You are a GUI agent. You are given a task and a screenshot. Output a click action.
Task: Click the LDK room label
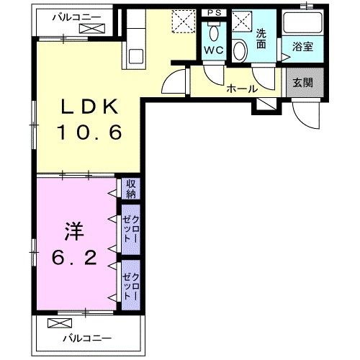(x=89, y=108)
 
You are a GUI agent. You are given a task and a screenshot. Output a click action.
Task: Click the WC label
(x=213, y=50)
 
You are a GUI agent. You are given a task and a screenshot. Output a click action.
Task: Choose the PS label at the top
(x=214, y=13)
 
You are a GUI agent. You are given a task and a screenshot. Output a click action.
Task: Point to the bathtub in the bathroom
(x=303, y=23)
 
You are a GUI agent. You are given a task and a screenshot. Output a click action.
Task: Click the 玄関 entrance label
(x=303, y=82)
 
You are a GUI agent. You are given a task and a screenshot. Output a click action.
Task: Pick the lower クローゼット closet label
(x=130, y=282)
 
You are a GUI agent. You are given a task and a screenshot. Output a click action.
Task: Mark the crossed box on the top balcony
(x=92, y=29)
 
